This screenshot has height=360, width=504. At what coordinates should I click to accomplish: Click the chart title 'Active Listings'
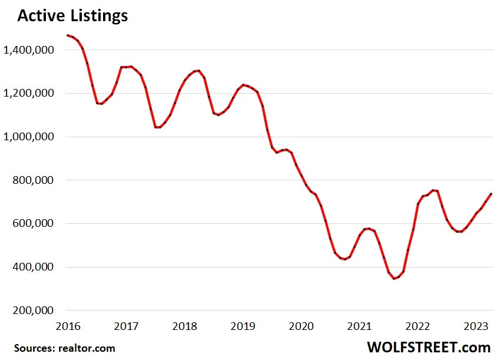pyautogui.click(x=72, y=16)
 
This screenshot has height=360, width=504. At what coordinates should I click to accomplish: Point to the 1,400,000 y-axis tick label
pyautogui.click(x=29, y=50)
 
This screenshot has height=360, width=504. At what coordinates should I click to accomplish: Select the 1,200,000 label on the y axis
pyautogui.click(x=29, y=93)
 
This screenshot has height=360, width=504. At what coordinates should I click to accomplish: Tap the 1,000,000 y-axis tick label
pyautogui.click(x=29, y=137)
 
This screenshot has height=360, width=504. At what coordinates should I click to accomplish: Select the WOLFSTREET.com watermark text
pyautogui.click(x=429, y=346)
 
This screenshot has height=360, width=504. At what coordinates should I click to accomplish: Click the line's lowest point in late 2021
pyautogui.click(x=394, y=278)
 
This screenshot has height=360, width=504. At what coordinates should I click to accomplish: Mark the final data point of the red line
pyautogui.click(x=491, y=194)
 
